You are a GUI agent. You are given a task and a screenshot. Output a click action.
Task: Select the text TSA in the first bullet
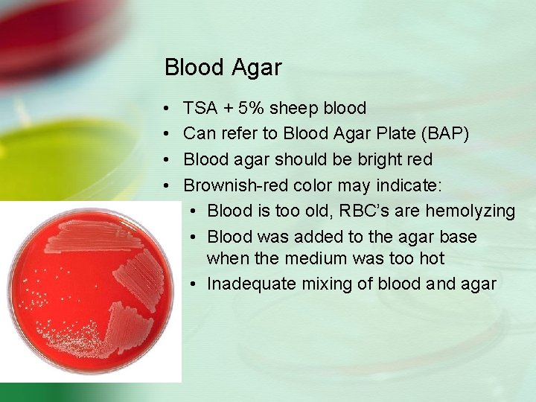point(200,109)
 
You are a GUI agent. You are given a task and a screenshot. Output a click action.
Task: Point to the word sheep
point(293,109)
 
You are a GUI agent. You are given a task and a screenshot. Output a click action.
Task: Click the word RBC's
point(364,211)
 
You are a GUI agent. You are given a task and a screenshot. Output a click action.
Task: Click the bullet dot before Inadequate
point(192,285)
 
